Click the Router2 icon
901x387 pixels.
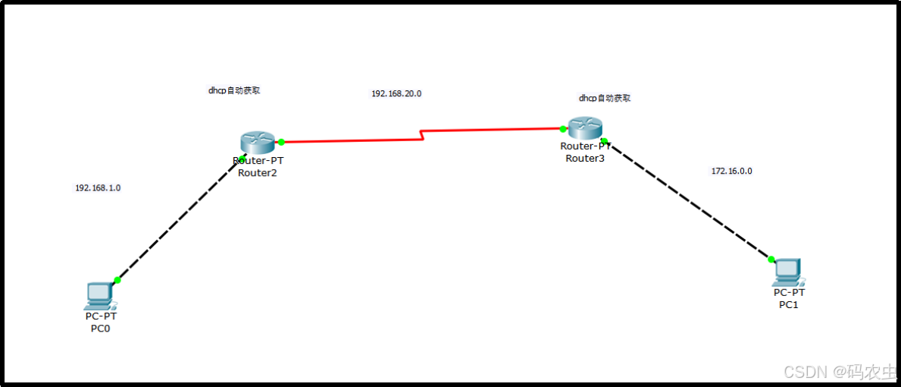point(258,141)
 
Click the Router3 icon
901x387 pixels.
point(584,128)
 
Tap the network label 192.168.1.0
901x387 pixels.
point(98,187)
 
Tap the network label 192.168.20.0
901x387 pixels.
point(396,93)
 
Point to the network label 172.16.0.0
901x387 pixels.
point(731,171)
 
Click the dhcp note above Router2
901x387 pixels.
point(234,90)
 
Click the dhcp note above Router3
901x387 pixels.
point(604,98)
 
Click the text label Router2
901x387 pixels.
point(258,172)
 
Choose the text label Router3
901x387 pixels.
point(585,158)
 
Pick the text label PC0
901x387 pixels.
point(101,329)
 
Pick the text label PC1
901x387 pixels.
point(789,304)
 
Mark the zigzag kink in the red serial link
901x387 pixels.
point(421,135)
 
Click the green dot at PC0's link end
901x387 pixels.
point(117,280)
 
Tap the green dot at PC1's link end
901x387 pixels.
point(771,260)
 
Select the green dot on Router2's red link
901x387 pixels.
point(281,142)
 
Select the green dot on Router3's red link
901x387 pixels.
point(563,129)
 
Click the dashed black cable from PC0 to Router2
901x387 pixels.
point(179,220)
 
